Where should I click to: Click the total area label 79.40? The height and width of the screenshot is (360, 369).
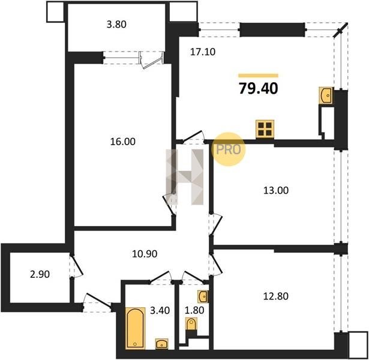(259, 89)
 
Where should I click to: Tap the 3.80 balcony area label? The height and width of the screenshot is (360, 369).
(116, 25)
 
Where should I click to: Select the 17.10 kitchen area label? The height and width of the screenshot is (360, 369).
(203, 52)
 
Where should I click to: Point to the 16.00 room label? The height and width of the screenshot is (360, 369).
(123, 142)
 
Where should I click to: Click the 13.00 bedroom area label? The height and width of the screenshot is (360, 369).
(276, 190)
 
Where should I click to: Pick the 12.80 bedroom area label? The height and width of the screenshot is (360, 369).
(276, 296)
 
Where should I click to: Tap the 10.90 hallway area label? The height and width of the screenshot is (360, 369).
(145, 254)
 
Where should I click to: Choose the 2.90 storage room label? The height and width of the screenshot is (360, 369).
(40, 274)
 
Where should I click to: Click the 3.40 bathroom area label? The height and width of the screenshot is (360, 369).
(160, 310)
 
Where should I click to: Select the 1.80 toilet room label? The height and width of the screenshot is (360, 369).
(194, 310)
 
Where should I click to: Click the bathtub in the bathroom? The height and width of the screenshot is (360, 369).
(135, 328)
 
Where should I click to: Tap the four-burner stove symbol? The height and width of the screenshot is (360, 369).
(265, 129)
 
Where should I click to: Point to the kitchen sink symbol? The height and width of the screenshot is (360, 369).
(326, 95)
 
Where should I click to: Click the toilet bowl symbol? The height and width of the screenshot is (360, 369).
(191, 324)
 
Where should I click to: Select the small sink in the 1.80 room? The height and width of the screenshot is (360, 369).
(203, 296)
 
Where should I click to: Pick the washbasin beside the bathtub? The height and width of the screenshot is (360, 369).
(162, 344)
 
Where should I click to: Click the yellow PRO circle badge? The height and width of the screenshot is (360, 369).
(228, 149)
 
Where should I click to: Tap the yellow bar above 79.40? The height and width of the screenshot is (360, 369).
(259, 76)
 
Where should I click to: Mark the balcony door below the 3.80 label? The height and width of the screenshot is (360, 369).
(151, 61)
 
